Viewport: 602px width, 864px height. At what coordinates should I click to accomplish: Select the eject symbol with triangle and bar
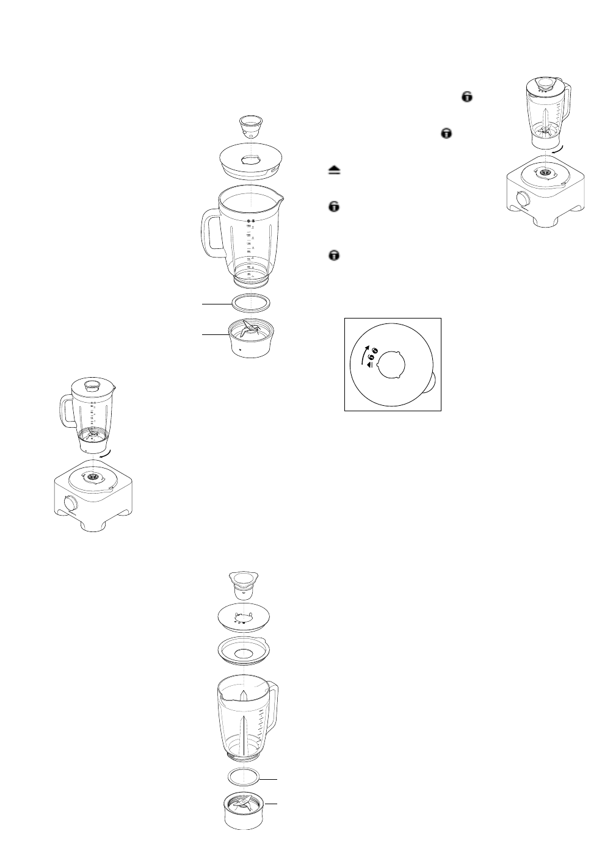pos(333,171)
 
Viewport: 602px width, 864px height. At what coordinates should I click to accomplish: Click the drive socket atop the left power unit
pos(92,475)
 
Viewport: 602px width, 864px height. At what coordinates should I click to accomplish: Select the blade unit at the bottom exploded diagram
pos(244,810)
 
